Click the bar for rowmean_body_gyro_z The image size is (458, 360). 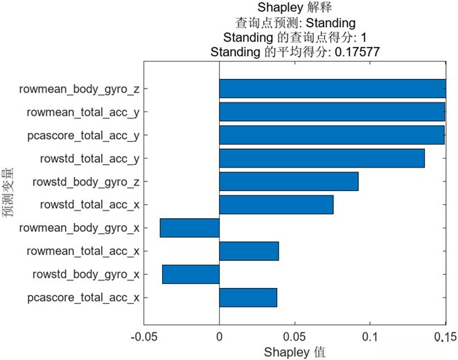click(333, 89)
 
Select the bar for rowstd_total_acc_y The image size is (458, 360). click(322, 159)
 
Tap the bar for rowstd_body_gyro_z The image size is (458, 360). click(288, 181)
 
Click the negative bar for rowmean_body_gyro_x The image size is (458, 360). click(189, 228)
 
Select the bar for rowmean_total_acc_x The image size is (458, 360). click(249, 251)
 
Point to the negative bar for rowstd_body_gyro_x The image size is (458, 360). click(191, 274)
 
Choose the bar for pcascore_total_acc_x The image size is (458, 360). click(248, 298)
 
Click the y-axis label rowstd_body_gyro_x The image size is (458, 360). click(86, 275)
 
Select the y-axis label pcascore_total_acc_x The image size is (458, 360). click(83, 298)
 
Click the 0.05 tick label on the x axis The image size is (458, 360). click(294, 337)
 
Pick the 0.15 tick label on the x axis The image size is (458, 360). click(444, 337)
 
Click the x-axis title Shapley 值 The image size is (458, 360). click(294, 352)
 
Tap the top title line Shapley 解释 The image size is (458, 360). click(294, 8)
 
